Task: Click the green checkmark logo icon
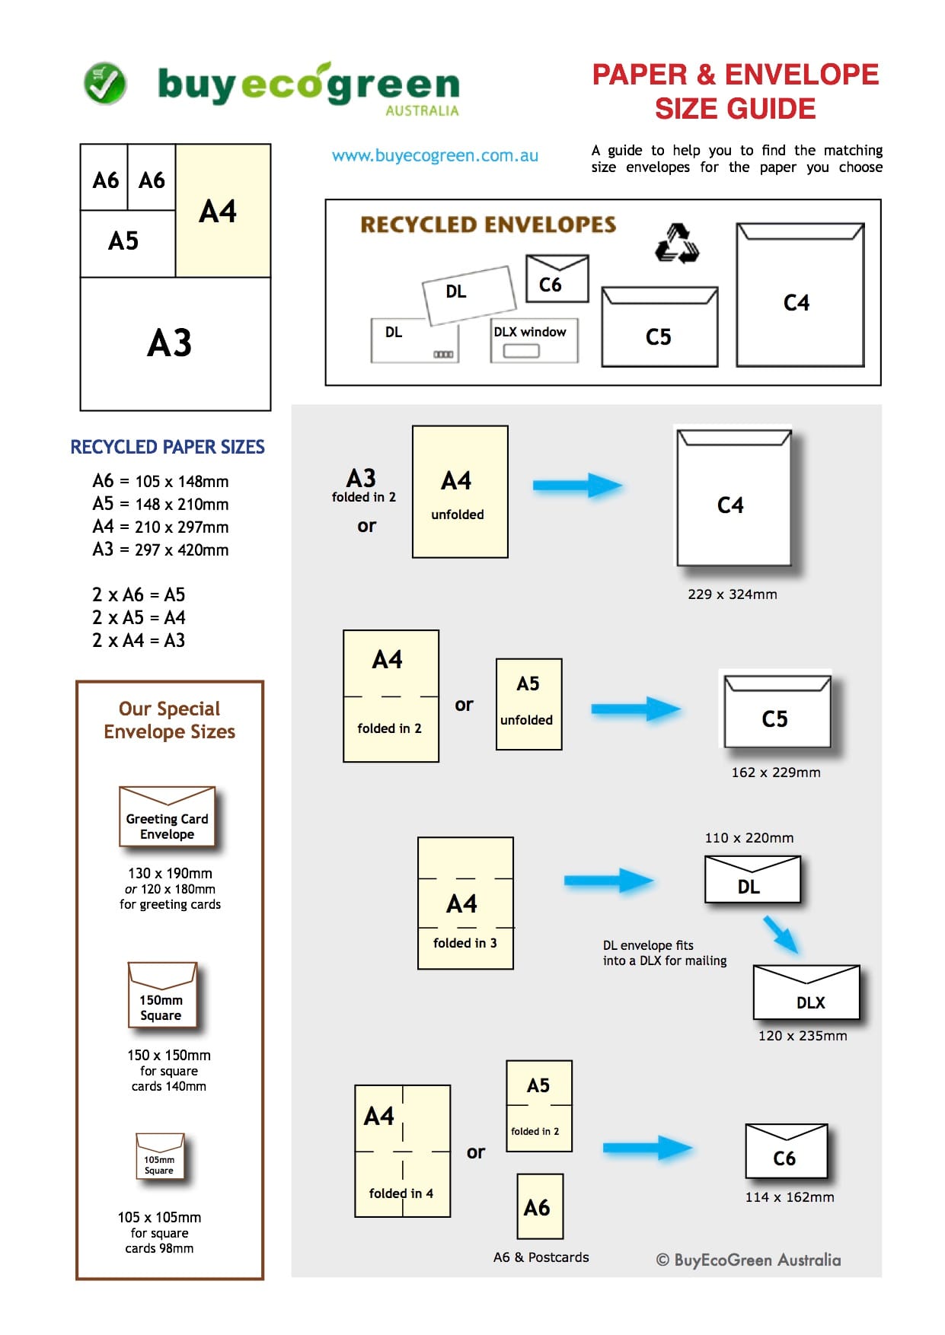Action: point(105,83)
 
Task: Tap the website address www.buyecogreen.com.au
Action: point(435,156)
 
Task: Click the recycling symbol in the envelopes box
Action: point(677,244)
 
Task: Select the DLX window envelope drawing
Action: point(534,340)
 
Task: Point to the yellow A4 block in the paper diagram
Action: point(223,211)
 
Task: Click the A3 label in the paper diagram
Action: point(169,343)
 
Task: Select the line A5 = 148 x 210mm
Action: point(161,504)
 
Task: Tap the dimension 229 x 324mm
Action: point(732,594)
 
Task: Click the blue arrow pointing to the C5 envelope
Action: point(635,709)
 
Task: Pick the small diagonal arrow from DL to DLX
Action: point(781,934)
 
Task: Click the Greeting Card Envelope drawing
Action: point(168,817)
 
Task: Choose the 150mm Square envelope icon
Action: point(162,996)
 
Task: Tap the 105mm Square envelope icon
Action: point(160,1156)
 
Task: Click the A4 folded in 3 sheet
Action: point(465,903)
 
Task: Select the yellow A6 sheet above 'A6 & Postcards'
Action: point(540,1206)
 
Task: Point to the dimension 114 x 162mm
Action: point(790,1197)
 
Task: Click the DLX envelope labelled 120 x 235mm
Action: point(806,992)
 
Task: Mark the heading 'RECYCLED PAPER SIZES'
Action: point(168,447)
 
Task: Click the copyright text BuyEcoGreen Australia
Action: point(749,1260)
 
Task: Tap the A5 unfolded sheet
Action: point(528,705)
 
